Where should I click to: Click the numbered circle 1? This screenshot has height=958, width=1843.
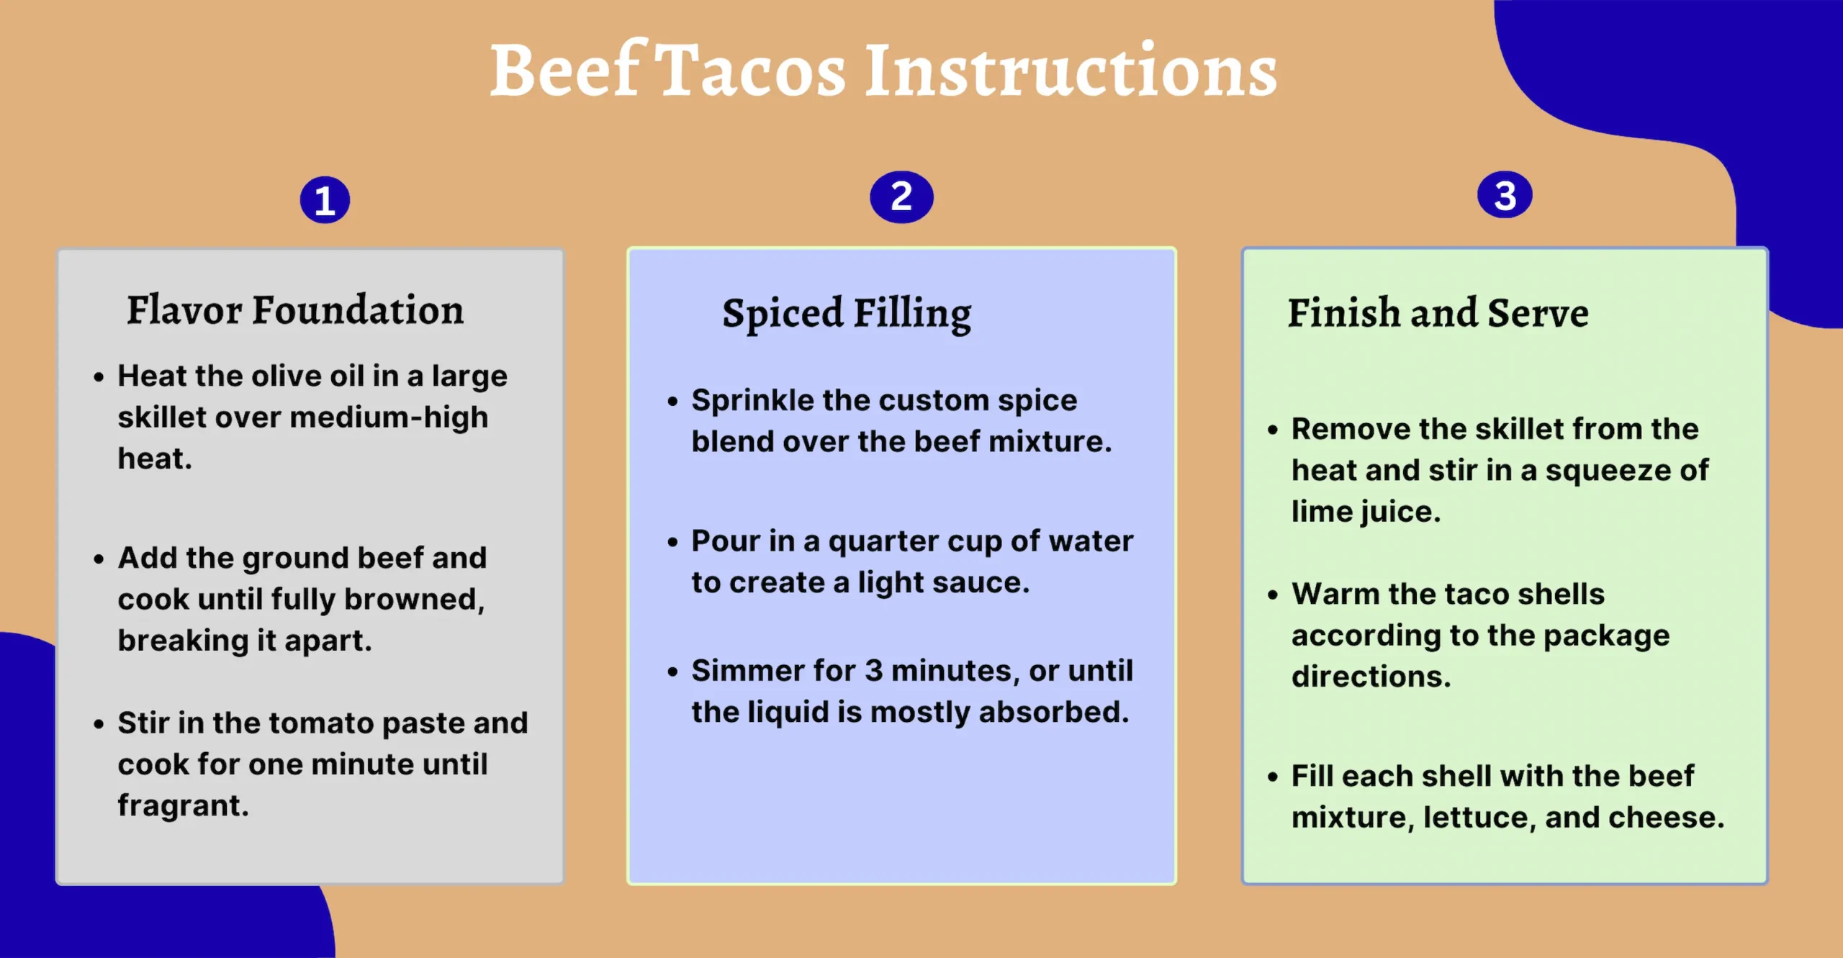pos(325,200)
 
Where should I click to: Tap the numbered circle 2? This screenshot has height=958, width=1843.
pos(901,196)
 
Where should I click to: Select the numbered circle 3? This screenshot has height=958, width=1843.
pos(1505,195)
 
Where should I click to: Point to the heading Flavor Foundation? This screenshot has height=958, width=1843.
pos(295,310)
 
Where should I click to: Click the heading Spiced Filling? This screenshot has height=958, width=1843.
pos(847,314)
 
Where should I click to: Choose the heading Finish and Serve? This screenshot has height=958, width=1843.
pos(1438,313)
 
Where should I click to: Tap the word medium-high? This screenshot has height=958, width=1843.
pos(389,417)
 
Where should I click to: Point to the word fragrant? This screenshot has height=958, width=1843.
pos(183,805)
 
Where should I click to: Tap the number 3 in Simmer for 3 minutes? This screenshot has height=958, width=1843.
pos(873,671)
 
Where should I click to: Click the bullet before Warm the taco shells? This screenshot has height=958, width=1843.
pos(1273,595)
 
